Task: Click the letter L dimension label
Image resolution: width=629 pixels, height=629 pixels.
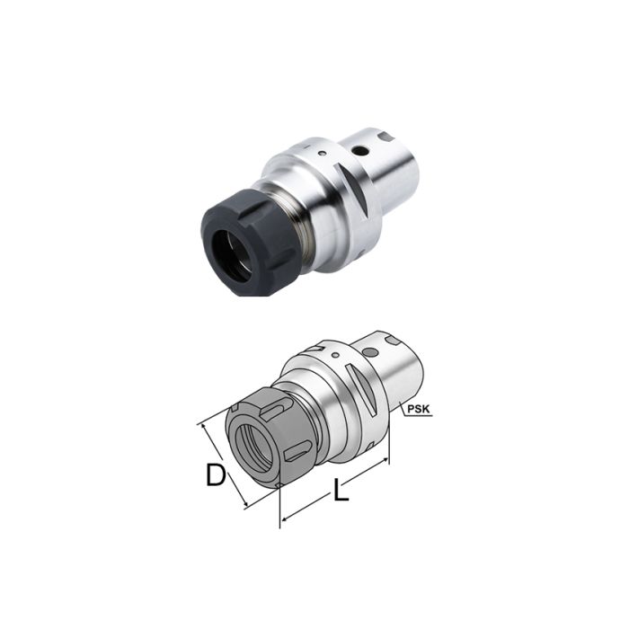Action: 341,492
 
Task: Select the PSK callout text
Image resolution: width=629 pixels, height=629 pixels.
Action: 418,410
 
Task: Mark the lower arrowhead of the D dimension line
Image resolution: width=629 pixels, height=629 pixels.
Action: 245,505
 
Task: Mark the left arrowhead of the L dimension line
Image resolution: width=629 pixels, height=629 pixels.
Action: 284,518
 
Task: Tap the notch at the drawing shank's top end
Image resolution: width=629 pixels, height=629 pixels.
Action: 396,341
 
